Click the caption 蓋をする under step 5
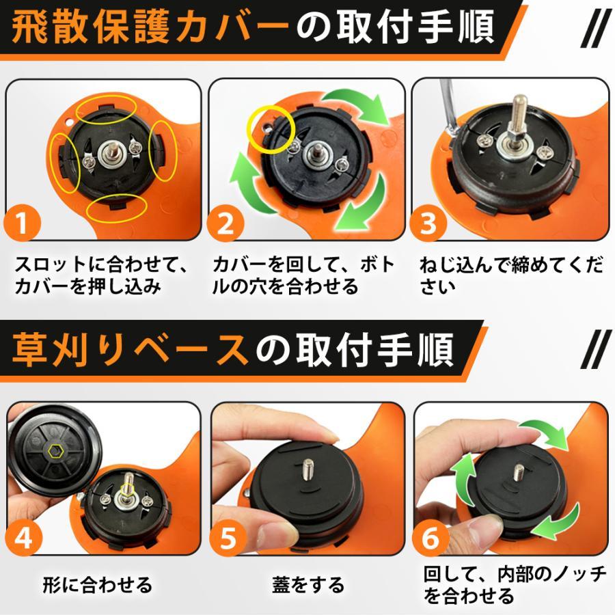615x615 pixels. [307, 584]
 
